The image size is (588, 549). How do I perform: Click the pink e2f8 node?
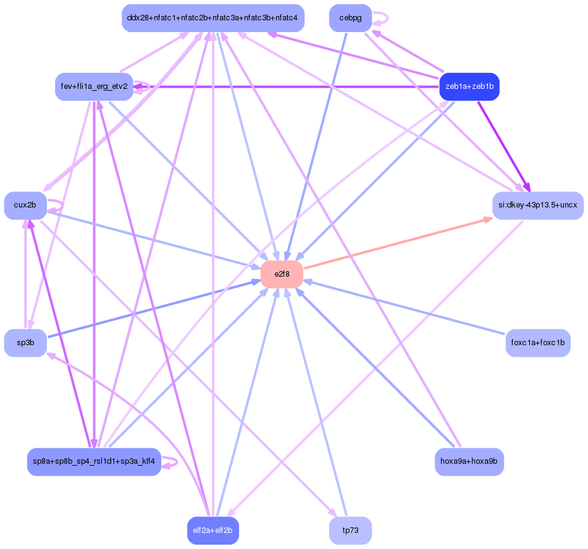point(282,274)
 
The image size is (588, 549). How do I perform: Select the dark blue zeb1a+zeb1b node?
point(469,86)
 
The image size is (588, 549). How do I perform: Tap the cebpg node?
point(350,18)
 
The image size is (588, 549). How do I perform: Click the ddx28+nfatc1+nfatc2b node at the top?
point(212,18)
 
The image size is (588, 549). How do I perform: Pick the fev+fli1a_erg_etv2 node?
point(94,86)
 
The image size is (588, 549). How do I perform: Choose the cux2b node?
point(25,205)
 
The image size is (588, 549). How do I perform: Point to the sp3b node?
point(25,343)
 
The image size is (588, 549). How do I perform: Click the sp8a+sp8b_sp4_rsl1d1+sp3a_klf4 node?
point(94,461)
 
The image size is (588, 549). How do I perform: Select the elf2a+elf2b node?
point(212,530)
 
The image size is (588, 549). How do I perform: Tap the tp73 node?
point(350,530)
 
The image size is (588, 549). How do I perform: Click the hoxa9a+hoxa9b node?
point(469,461)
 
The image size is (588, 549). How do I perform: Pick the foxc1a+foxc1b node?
point(537,343)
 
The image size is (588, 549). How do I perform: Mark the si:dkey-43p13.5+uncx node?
point(537,205)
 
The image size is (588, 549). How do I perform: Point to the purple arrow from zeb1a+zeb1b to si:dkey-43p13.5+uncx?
point(503,146)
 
